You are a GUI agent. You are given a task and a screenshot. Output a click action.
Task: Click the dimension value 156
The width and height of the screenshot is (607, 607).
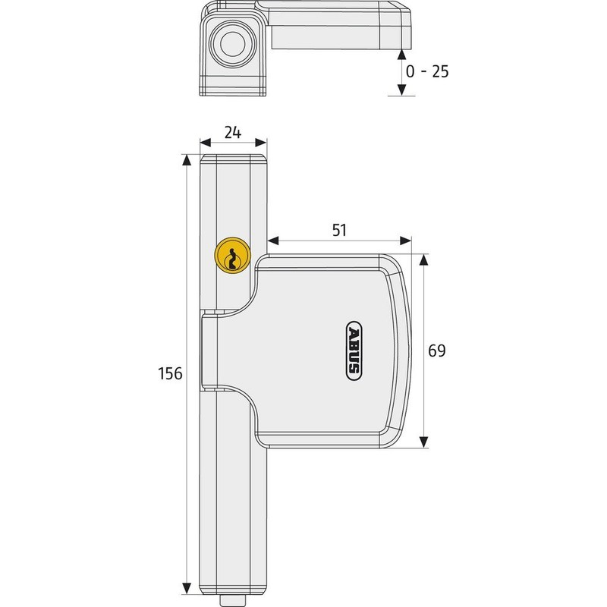tap(170, 374)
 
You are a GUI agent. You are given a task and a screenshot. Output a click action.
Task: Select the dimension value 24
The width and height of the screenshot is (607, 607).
tap(233, 132)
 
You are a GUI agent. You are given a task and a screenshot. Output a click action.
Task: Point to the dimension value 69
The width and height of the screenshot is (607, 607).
tap(436, 351)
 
